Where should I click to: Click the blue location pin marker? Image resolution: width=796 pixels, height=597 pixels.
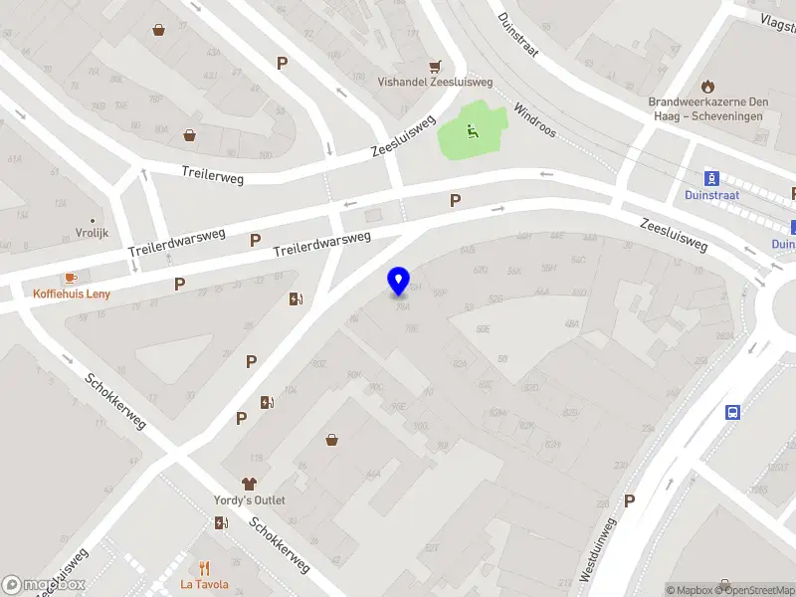coord(399,281)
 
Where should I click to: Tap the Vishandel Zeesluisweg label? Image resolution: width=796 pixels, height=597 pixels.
coord(435,84)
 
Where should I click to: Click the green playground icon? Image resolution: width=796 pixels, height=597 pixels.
coord(472,129)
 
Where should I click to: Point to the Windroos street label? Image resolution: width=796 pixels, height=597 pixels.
coord(534,120)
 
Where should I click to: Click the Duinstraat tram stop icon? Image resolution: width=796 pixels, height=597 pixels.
coord(711,178)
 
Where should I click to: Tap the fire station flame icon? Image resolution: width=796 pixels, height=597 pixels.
coord(708,86)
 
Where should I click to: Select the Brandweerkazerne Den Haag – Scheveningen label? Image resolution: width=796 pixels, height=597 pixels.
coord(708,108)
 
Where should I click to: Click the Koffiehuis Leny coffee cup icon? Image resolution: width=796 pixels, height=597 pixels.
coord(71,278)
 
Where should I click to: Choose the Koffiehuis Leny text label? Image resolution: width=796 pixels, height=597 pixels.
coord(72,294)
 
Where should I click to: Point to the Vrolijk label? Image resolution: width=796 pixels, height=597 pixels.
coord(92,233)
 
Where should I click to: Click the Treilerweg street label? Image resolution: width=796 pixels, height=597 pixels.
coord(212,174)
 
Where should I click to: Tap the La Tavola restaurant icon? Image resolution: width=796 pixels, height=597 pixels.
coord(204,569)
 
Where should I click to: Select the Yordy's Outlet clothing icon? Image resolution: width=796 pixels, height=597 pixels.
coord(249,483)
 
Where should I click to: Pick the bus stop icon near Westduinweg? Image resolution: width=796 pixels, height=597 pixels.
coord(733,413)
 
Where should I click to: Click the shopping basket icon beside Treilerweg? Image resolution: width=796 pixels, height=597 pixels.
coord(189,135)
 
